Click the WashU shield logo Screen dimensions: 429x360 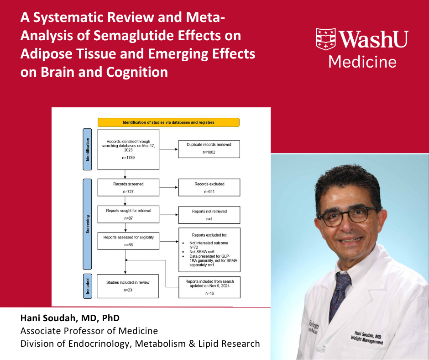point(325,39)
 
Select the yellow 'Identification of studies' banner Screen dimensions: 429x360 point(168,122)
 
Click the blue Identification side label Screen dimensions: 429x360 point(88,149)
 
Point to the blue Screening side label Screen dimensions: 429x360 point(88,224)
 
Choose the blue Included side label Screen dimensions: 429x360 point(88,286)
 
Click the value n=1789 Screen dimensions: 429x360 point(128,158)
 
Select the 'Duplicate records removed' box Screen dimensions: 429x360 point(209,149)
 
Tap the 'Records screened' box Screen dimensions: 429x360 point(128,188)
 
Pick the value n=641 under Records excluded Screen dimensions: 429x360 point(209,191)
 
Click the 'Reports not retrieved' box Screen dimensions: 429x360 point(209,215)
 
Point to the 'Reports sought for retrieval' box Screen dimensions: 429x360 point(128,214)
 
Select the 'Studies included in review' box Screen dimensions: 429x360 point(128,286)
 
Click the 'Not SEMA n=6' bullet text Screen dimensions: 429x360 point(202,252)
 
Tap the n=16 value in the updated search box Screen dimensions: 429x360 point(209,293)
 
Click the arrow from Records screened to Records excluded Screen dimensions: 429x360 point(169,187)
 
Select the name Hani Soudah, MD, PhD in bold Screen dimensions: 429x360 point(70,318)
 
